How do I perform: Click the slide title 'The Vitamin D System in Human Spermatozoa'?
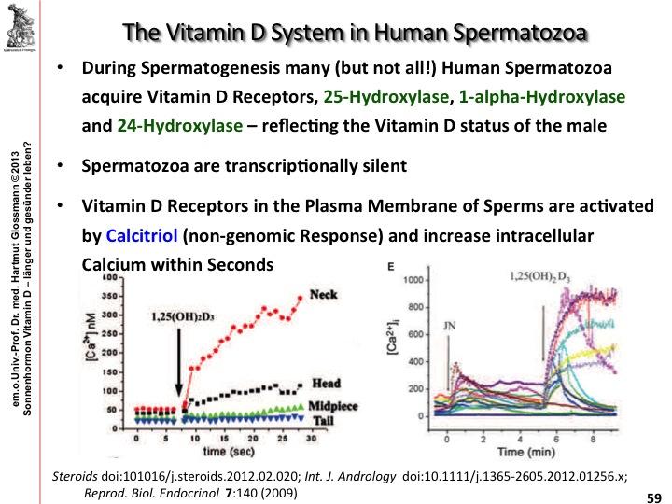356,35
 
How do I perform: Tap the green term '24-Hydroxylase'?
169,122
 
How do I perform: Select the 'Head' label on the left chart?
324,384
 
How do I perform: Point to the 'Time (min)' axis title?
525,451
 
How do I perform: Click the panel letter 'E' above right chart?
389,267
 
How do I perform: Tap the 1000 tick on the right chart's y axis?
411,280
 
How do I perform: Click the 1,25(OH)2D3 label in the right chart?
542,277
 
